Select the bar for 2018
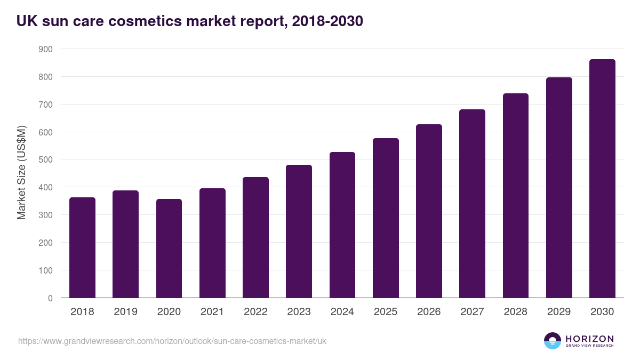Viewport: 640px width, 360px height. pyautogui.click(x=82, y=247)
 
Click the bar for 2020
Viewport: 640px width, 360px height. pyautogui.click(x=169, y=249)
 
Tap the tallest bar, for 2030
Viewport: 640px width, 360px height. pyautogui.click(x=602, y=179)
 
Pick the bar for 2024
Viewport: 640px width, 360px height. pyautogui.click(x=342, y=225)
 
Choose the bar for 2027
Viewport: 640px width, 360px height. pyautogui.click(x=472, y=204)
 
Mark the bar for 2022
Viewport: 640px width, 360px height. pyautogui.click(x=255, y=237)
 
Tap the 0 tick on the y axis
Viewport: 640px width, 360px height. pyautogui.click(x=50, y=298)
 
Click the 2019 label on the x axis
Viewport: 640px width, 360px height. pyautogui.click(x=125, y=312)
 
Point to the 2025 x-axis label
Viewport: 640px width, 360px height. pyautogui.click(x=386, y=312)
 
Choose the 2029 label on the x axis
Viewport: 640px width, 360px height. pyautogui.click(x=559, y=312)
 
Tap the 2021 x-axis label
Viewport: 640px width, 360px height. pyautogui.click(x=212, y=312)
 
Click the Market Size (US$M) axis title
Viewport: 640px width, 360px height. pyautogui.click(x=21, y=173)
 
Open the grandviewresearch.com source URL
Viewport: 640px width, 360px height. pyautogui.click(x=172, y=341)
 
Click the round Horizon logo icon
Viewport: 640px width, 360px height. pyautogui.click(x=553, y=341)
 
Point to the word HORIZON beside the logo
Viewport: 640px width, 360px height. pyautogui.click(x=589, y=339)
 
